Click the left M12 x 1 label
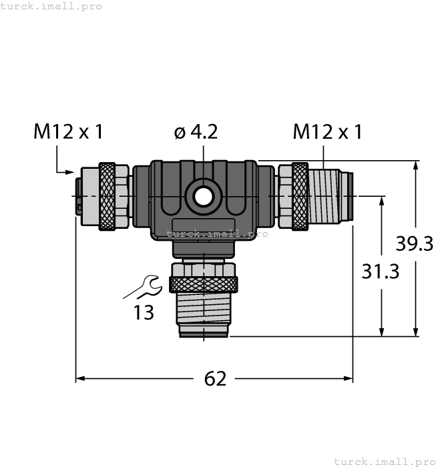tap(68, 132)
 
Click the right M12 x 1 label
tap(327, 132)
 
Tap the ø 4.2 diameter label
tap(196, 132)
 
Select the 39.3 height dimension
tap(415, 244)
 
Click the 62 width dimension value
tap(215, 379)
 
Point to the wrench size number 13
tap(144, 312)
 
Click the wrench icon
tap(143, 287)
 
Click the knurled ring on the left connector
tap(107, 196)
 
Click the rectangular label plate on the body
tap(203, 225)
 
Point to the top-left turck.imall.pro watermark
tap(51, 6)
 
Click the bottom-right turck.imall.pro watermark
tap(384, 461)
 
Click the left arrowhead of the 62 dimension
tap(79, 378)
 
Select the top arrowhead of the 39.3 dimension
tap(416, 165)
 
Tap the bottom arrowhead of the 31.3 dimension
tap(382, 332)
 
